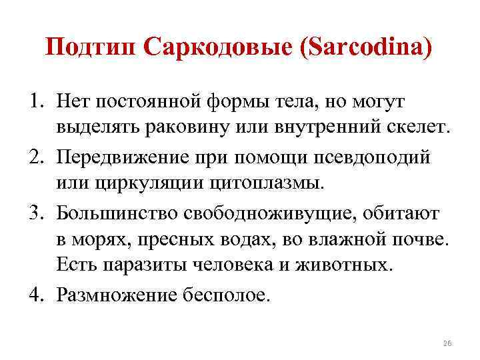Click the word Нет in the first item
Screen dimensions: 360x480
tap(73, 102)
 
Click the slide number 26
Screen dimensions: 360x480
tap(447, 343)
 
